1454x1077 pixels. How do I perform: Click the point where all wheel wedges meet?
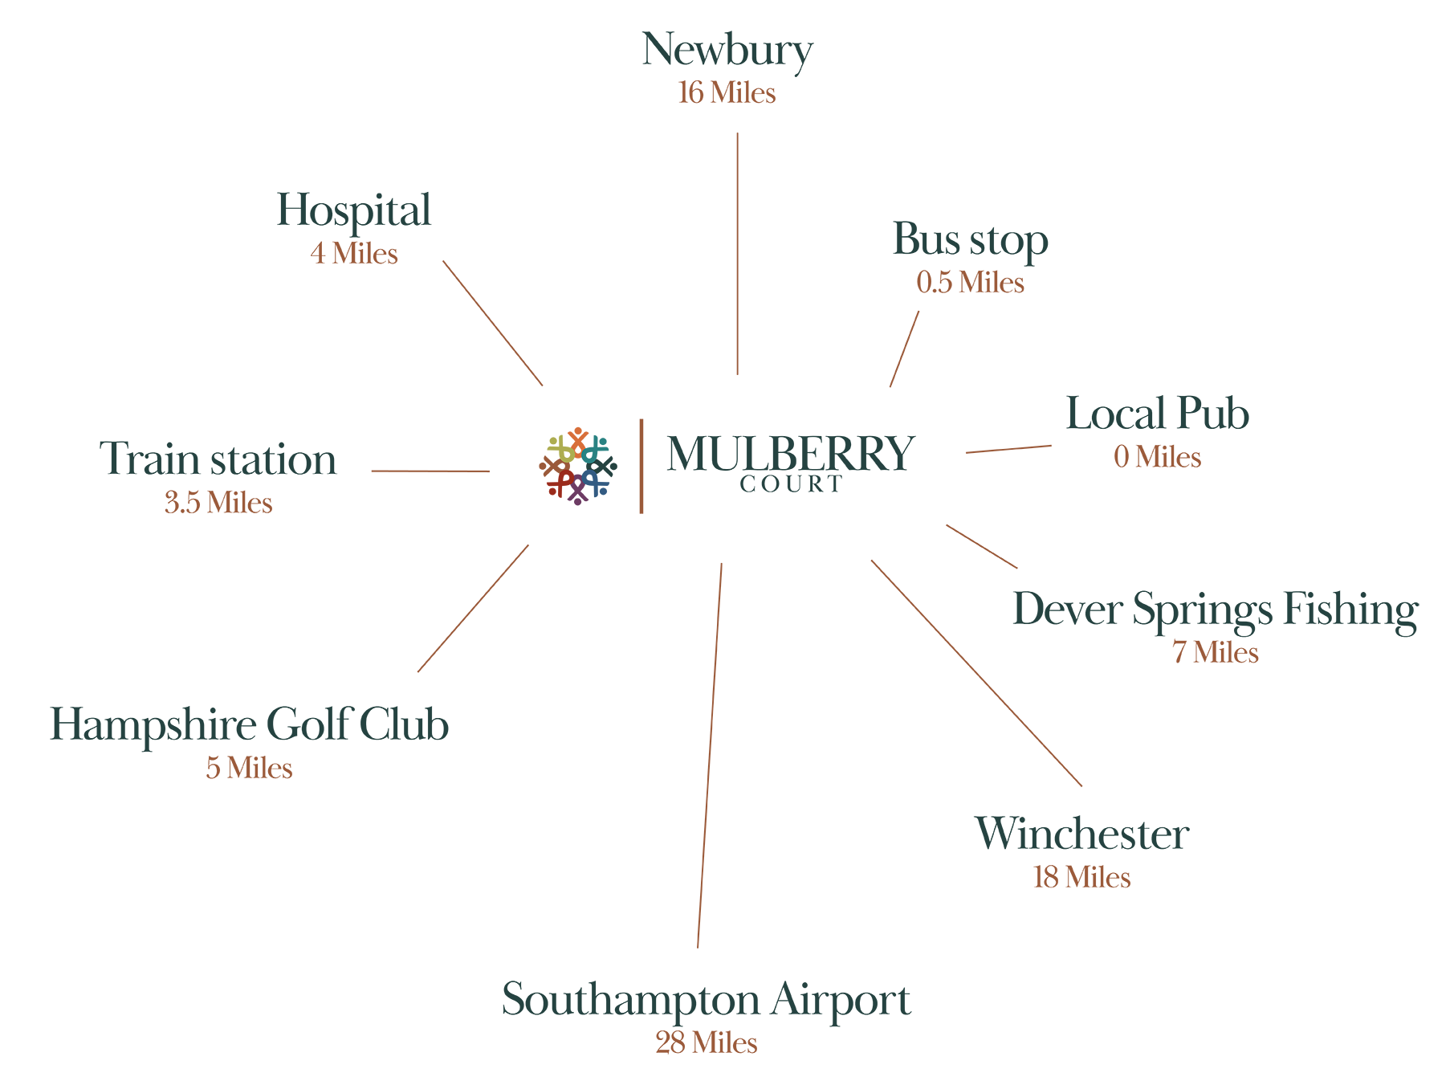point(579,466)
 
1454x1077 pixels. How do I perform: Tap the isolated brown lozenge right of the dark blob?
point(1158,475)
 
